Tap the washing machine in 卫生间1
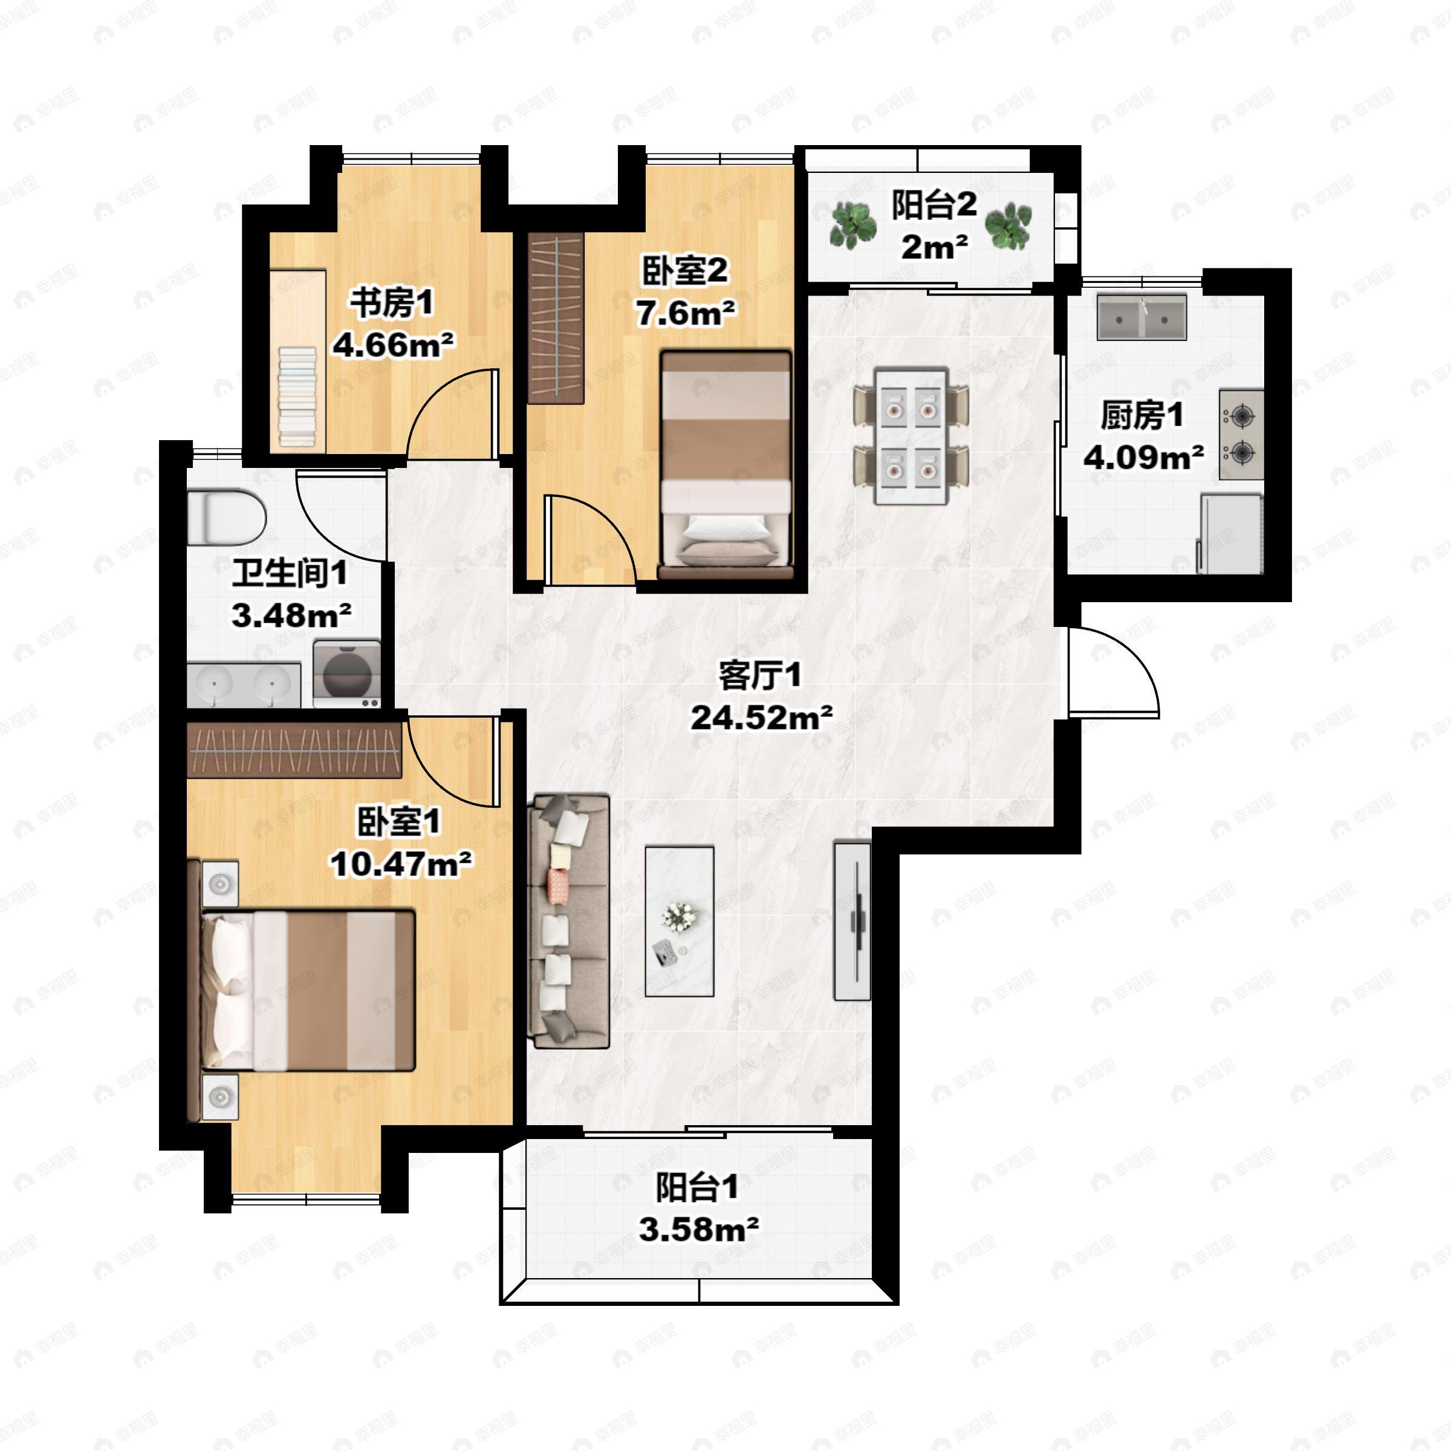click(347, 673)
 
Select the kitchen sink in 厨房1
click(1141, 317)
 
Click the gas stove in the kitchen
click(1241, 435)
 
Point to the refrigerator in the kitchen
click(1230, 533)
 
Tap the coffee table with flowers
click(679, 921)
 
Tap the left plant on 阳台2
click(853, 224)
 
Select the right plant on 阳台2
click(1008, 224)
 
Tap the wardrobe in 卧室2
click(556, 317)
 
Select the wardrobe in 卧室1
click(294, 750)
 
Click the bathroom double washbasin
click(244, 685)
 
